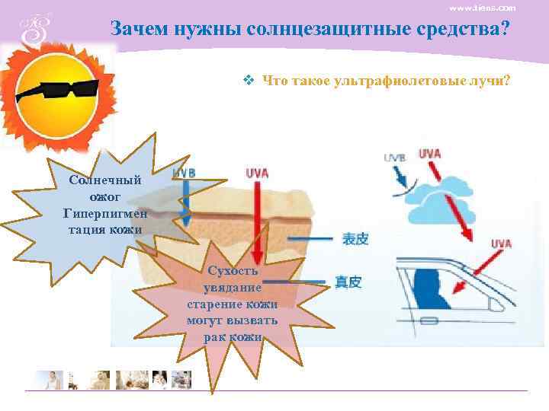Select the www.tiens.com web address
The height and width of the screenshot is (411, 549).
click(x=482, y=8)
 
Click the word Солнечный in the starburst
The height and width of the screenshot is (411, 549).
click(x=105, y=181)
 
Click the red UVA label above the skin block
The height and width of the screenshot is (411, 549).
click(x=258, y=173)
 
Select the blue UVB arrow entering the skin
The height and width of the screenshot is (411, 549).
click(x=184, y=202)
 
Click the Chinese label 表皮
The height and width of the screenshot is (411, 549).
click(x=355, y=239)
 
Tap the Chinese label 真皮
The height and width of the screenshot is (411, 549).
click(x=348, y=282)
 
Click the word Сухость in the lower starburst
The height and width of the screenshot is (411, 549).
click(x=233, y=271)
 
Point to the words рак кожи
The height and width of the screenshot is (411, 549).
click(x=233, y=336)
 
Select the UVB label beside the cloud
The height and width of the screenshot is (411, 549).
click(x=394, y=158)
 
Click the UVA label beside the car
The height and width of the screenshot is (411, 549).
click(x=501, y=244)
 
